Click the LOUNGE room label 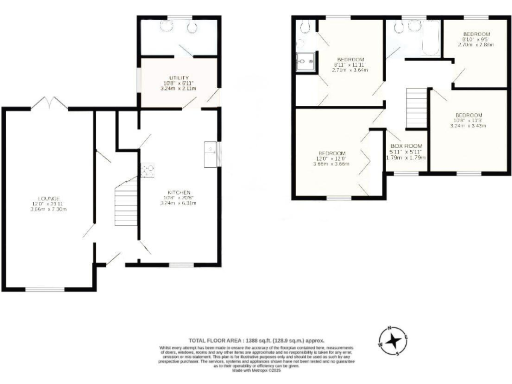point(49,198)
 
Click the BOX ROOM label point(406,145)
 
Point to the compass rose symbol point(393,341)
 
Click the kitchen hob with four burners point(147,169)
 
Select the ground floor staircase point(124,203)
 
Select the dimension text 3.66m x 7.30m point(49,209)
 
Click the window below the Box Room point(405,173)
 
